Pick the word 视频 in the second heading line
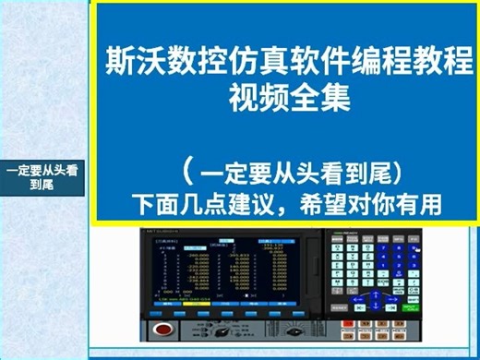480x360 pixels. point(253,95)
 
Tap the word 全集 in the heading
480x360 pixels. point(311,95)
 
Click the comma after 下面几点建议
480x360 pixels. point(281,203)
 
